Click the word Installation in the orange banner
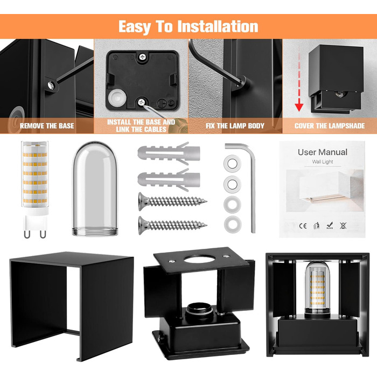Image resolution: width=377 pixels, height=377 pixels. pos(218,26)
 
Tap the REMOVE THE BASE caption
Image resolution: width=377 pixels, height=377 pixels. pos(47,125)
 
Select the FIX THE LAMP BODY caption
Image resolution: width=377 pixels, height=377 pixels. pos(235,125)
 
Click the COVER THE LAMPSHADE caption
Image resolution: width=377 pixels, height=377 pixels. pos(330,125)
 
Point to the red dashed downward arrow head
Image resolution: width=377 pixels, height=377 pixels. pos(299,107)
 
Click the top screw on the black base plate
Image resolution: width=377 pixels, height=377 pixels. pos(142,57)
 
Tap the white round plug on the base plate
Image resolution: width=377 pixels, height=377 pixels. pos(117,98)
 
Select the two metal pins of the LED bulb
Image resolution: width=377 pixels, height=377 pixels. pos(35,234)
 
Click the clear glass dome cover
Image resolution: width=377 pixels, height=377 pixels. pos(95,188)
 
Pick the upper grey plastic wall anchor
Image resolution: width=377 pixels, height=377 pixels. pos(169,153)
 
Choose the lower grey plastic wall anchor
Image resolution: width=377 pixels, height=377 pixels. pos(169,179)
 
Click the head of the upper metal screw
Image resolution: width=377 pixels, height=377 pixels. pos(142,201)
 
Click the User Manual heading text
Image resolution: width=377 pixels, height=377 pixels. pos(323,152)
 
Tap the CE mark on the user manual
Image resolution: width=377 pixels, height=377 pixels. pos(303,226)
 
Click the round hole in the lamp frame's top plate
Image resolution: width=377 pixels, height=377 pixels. pos(199,259)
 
